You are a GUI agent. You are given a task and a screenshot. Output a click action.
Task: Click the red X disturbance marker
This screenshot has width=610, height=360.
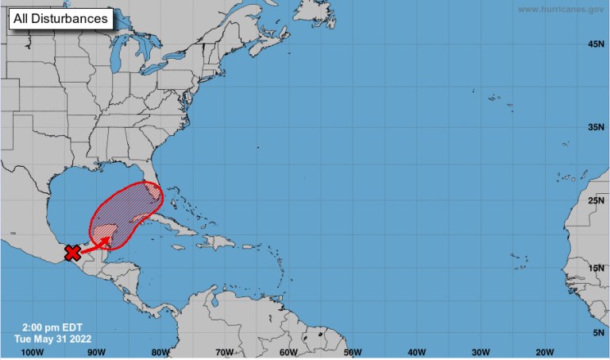[72, 253]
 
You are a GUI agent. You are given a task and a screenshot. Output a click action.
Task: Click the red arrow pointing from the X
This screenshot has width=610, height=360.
[96, 244]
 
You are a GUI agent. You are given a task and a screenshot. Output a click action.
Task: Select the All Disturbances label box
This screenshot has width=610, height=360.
[60, 18]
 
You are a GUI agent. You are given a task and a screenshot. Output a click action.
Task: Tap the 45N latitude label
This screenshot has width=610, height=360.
[596, 45]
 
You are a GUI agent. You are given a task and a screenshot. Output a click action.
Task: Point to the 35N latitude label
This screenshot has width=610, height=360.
[596, 127]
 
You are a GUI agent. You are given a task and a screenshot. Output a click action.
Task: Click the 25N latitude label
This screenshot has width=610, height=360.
[596, 201]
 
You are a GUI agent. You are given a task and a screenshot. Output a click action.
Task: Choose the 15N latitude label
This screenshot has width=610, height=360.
[596, 269]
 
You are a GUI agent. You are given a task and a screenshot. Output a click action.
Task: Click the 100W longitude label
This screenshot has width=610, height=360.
[33, 352]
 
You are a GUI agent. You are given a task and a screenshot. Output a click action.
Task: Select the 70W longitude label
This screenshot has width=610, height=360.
[225, 352]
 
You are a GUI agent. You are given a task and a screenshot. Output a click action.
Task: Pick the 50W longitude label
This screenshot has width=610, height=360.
[353, 352]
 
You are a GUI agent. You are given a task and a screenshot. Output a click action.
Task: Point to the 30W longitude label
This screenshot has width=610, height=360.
[481, 352]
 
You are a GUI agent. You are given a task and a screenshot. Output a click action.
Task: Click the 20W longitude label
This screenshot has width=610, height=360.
[544, 352]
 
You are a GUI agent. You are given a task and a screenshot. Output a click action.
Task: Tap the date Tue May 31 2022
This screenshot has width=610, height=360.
[49, 338]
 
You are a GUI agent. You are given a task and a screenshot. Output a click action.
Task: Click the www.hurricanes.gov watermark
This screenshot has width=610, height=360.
[561, 9]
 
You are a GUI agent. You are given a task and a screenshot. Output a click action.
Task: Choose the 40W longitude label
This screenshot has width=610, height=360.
[416, 352]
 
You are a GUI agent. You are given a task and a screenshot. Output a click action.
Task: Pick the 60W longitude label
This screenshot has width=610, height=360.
[288, 352]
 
